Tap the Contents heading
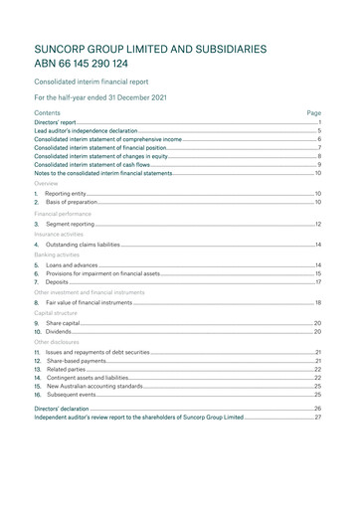tap(47, 113)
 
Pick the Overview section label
tap(47, 184)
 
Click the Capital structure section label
tap(59, 312)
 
